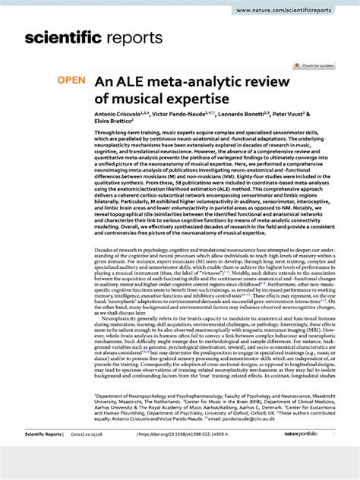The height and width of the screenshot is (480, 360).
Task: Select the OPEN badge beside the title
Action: [71, 80]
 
